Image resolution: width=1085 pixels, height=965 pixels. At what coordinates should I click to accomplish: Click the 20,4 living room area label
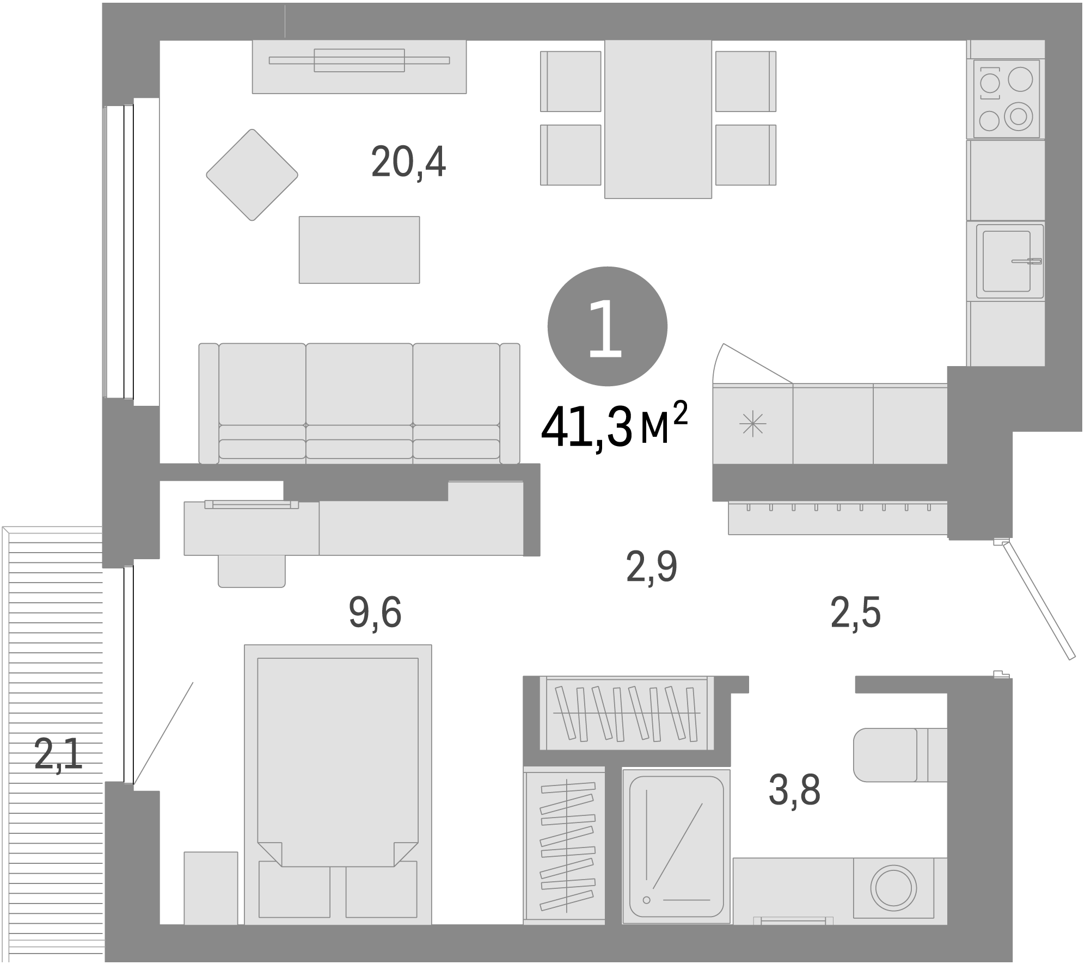tap(408, 162)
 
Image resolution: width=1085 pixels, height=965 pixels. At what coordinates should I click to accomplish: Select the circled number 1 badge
tap(607, 326)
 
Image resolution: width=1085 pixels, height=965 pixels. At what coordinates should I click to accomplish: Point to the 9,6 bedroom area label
tap(375, 612)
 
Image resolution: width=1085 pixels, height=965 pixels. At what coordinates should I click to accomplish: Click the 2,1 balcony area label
tap(58, 753)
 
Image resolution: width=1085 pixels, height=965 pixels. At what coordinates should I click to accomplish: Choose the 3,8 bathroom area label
tap(794, 789)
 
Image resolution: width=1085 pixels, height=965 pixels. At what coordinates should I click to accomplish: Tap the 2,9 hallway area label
tap(651, 566)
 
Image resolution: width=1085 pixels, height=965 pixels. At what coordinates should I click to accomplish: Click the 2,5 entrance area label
tap(855, 612)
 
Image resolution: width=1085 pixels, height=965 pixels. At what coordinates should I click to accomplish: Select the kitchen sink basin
tap(1006, 261)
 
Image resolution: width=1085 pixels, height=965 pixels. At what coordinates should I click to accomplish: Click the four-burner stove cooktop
tap(1006, 98)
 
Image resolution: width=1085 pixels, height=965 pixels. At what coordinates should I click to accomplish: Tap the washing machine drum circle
tap(893, 888)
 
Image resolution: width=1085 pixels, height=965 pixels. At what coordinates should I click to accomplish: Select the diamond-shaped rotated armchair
tap(252, 175)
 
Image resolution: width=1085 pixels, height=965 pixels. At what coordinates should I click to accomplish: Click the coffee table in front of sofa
tap(359, 250)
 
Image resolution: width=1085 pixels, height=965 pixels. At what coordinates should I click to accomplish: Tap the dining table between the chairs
tap(658, 119)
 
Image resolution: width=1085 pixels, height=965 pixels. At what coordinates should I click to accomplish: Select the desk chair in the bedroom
tap(251, 571)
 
